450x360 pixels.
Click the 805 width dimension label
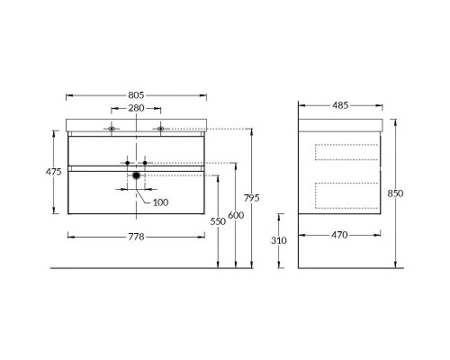point(136,95)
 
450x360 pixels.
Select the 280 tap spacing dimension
point(136,108)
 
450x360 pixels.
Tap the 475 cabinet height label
point(53,172)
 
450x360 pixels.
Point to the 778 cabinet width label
point(136,237)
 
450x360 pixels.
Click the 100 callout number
point(160,202)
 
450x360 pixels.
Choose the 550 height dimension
point(218,221)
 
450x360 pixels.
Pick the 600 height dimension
point(236,215)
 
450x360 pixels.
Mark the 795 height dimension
point(251,198)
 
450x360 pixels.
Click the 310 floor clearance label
point(279,240)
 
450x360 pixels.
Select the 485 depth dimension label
point(340,105)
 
